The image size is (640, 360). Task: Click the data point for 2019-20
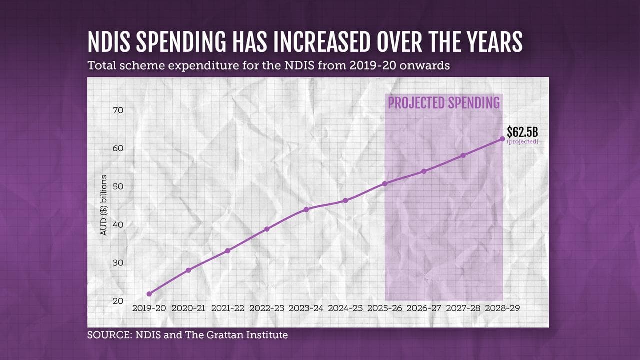click(x=149, y=294)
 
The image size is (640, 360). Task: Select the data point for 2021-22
click(x=228, y=251)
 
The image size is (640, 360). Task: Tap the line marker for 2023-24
click(x=306, y=209)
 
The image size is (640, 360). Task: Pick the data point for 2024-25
click(x=345, y=201)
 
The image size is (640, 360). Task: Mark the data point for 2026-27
click(x=424, y=171)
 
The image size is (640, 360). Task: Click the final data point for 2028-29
click(x=502, y=139)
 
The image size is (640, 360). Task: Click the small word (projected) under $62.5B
click(x=522, y=142)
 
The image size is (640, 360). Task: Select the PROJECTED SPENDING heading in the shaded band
click(x=444, y=103)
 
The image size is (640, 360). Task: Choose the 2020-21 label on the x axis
click(x=188, y=309)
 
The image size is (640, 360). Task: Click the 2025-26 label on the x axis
click(x=384, y=309)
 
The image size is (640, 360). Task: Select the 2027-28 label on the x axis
click(x=463, y=309)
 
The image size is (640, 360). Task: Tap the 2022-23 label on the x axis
click(x=267, y=309)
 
